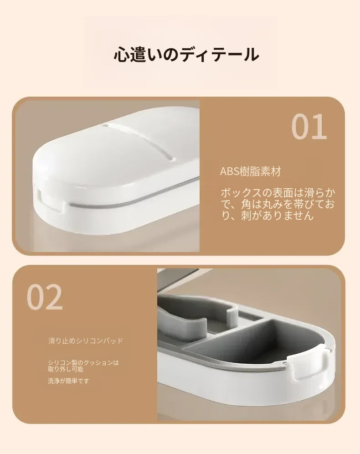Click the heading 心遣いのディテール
pos(186,54)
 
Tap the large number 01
pos(309,127)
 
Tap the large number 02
pos(45,297)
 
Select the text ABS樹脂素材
pos(250,171)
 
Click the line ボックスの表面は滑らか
pos(278,192)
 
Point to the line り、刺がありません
pos(267,215)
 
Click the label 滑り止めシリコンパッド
pos(86,341)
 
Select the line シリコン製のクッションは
pos(83,362)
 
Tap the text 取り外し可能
pos(66,369)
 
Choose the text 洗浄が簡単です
pos(69,381)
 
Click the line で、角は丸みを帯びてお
pos(278,204)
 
